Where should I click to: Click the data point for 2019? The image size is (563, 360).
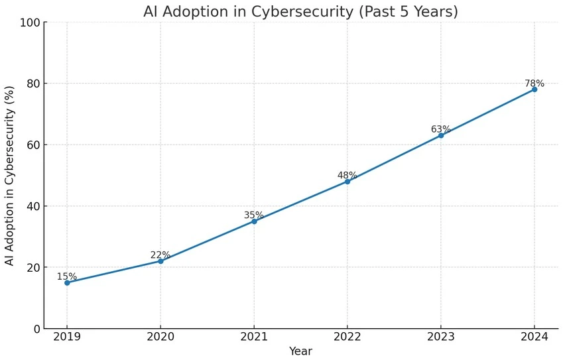click(x=67, y=282)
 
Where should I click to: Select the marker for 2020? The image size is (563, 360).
click(x=160, y=261)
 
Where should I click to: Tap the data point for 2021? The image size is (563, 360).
click(x=254, y=221)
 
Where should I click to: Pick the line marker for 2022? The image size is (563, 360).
click(x=347, y=181)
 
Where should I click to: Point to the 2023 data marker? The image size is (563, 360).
click(x=441, y=135)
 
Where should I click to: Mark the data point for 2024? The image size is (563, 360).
click(x=534, y=89)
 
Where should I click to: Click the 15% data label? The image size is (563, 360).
click(x=66, y=276)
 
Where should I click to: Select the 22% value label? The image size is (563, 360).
click(x=160, y=255)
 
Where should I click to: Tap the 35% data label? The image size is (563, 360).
click(x=254, y=215)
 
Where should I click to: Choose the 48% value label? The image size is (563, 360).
click(x=347, y=176)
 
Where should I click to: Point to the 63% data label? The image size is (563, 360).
click(x=441, y=129)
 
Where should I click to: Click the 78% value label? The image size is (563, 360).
click(x=534, y=84)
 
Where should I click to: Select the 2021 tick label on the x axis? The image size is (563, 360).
click(x=254, y=336)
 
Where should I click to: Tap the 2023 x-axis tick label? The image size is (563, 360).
click(x=441, y=336)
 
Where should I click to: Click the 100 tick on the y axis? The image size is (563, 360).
click(x=29, y=23)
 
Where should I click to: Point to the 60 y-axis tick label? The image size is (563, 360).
click(x=32, y=145)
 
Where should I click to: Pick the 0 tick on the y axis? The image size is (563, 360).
click(x=36, y=329)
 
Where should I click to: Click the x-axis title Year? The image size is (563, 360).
click(x=300, y=351)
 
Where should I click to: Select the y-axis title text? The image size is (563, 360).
click(x=10, y=176)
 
